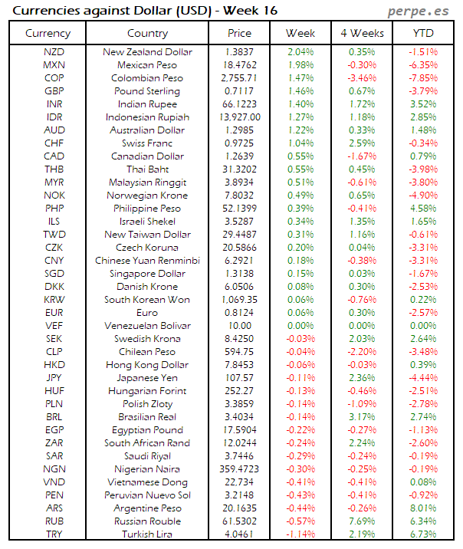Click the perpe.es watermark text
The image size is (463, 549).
coord(419,11)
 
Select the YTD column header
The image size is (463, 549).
coord(422,34)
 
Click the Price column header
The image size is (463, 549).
coord(239,34)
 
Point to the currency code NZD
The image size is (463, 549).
coord(54,52)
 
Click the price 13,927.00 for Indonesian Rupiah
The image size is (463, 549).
coord(240,117)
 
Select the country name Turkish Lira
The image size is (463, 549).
coord(147,534)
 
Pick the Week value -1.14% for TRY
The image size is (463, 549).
coord(300,534)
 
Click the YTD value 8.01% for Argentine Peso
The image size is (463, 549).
coord(422,508)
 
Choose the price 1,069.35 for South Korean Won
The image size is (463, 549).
coord(240,299)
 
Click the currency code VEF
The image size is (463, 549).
coord(54,325)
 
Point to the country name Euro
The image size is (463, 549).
coord(147,312)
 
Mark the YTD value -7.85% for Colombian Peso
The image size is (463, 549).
coord(422,78)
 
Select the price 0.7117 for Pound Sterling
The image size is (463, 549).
coord(240,91)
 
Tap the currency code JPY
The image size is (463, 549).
coord(54,377)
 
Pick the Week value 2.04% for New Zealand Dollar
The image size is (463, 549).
coord(300,52)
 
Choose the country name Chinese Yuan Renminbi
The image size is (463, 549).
coord(147,260)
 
